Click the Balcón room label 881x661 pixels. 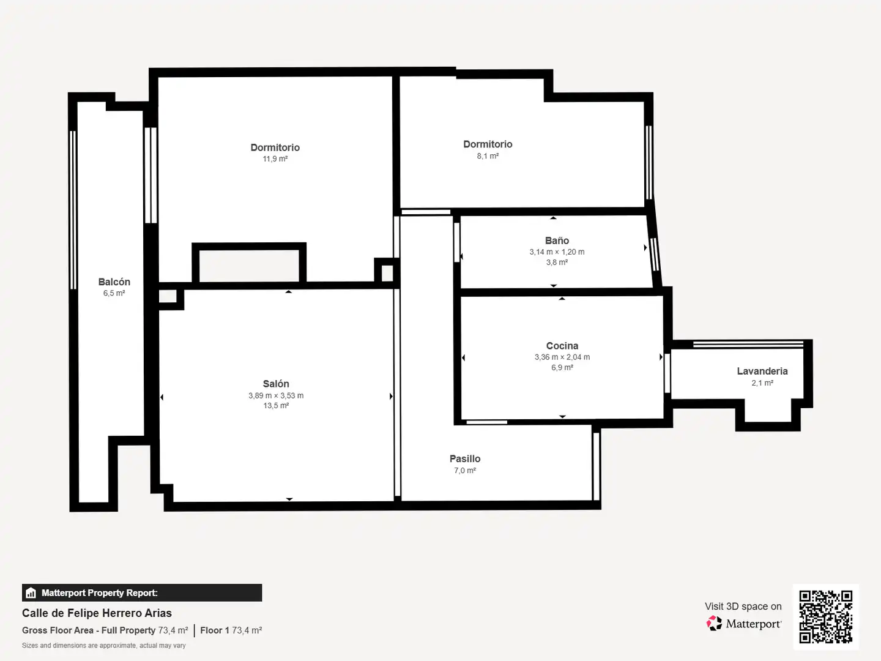[114, 282]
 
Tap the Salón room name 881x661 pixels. [276, 384]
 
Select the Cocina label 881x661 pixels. [562, 346]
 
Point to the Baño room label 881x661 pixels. [557, 241]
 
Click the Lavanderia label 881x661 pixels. [762, 372]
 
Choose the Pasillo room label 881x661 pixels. [465, 459]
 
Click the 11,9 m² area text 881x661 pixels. [275, 159]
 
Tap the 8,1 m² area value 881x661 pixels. [488, 155]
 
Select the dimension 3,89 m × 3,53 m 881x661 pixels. [276, 395]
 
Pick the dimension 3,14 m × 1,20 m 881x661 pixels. [557, 252]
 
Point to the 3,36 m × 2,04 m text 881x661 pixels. [562, 357]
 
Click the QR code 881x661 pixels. [825, 617]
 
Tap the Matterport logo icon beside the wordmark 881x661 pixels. [714, 623]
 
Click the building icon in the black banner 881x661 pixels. [31, 593]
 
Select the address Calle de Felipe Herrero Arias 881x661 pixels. [97, 613]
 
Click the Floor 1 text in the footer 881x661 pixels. [215, 630]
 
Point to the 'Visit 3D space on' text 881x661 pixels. [743, 606]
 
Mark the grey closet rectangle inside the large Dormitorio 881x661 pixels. [249, 266]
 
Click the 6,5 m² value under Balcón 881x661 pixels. [114, 293]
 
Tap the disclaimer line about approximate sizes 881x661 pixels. [103, 645]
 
